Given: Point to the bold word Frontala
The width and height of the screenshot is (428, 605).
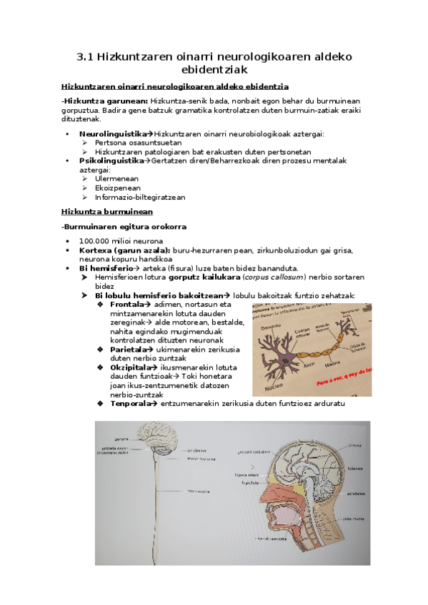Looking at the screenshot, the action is [129, 305].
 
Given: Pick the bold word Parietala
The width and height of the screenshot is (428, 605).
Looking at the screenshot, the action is [130, 350].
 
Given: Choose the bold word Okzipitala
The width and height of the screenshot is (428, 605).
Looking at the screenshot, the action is [132, 367].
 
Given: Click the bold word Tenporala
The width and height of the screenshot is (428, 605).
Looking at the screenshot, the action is [132, 404].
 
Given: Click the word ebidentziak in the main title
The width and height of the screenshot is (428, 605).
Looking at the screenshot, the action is [214, 69].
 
